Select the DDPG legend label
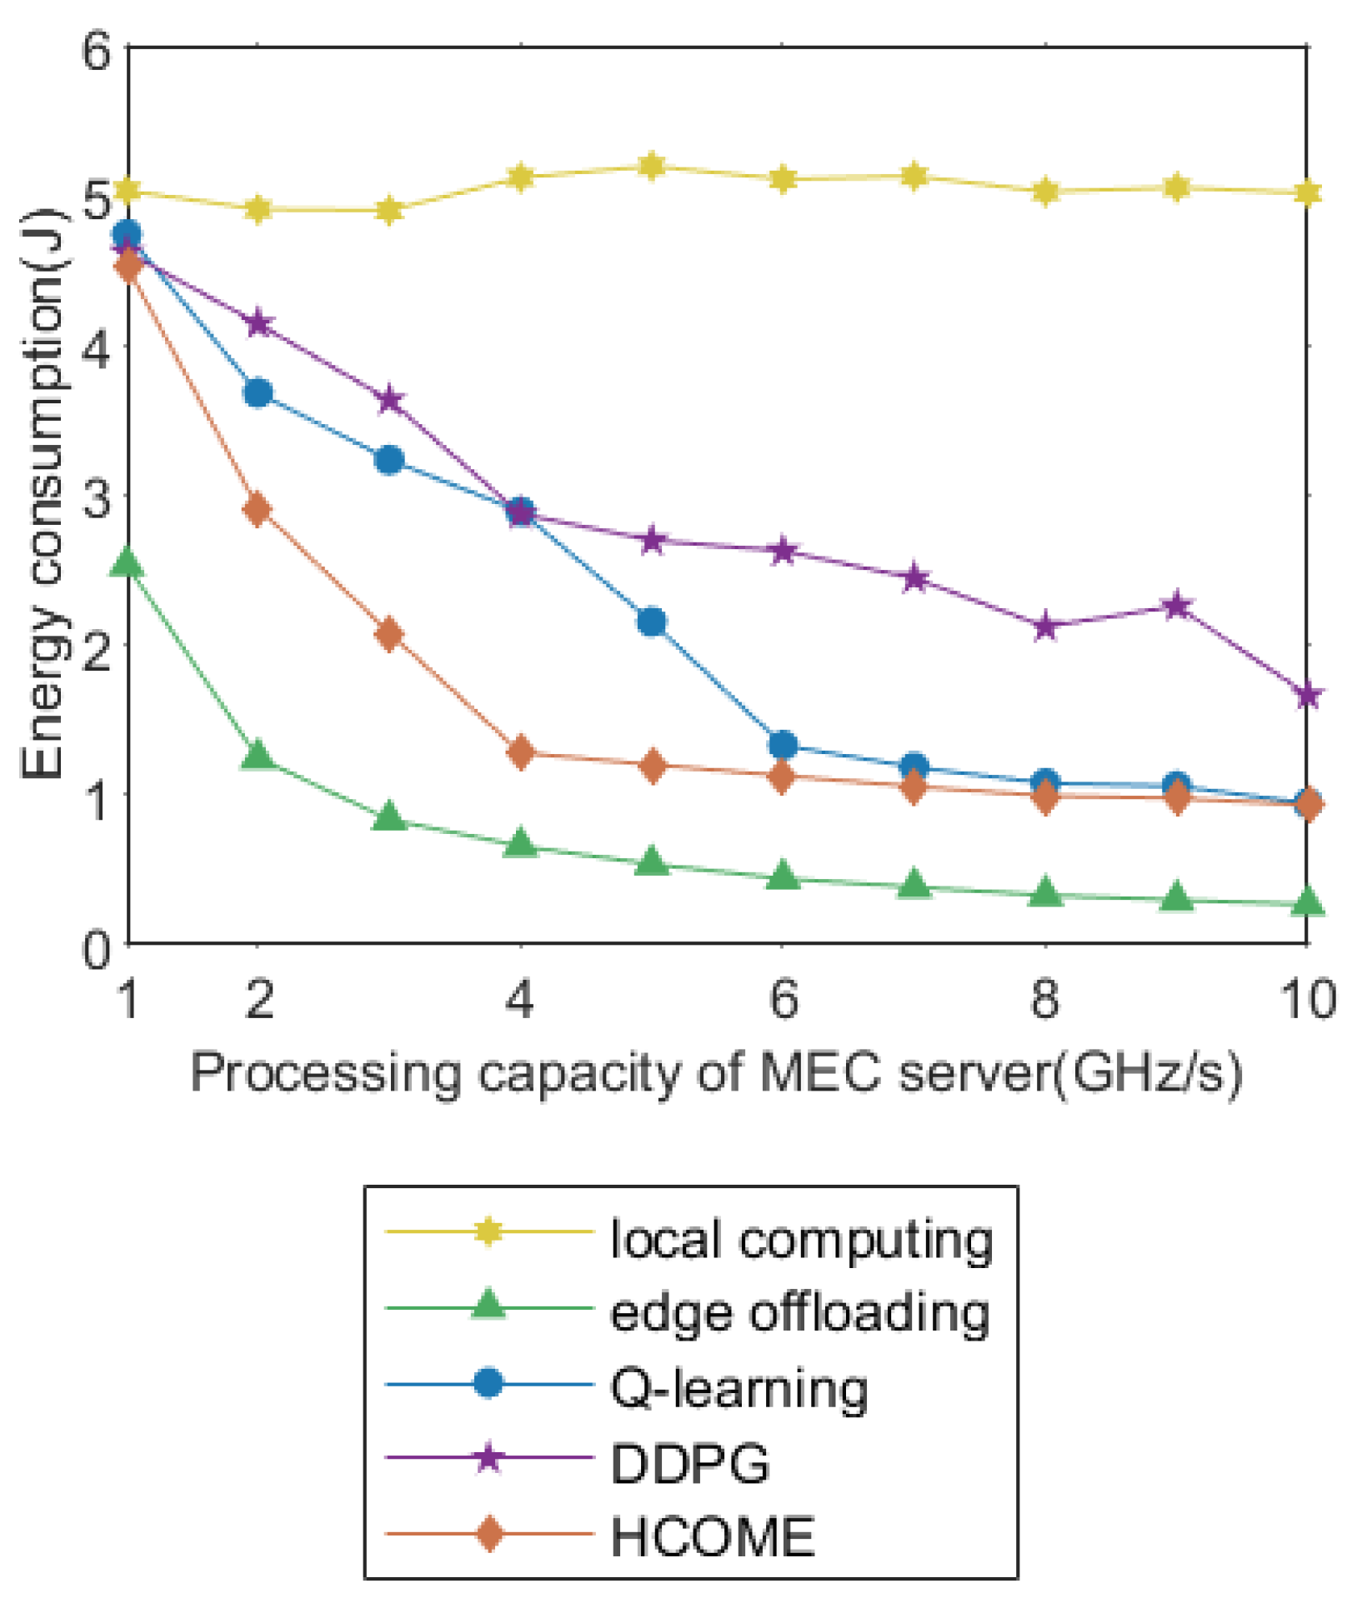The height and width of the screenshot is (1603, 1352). point(689,1463)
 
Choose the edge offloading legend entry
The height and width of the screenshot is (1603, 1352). point(799,1314)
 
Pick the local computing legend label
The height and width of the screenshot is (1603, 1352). point(801,1240)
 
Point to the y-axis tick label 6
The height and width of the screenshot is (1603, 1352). point(97,52)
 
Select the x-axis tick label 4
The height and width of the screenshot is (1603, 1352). point(520,999)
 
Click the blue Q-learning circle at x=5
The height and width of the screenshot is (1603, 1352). point(652,622)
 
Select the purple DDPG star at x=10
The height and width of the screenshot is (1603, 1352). point(1308,695)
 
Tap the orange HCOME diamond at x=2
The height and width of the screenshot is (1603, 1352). point(258,509)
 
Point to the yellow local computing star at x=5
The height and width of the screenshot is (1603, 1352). point(652,166)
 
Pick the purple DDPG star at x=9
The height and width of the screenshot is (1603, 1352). point(1177,605)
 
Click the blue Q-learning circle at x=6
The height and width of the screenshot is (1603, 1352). point(783,745)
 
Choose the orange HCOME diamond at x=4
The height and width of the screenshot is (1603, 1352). point(521,752)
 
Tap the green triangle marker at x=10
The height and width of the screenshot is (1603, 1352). point(1308,901)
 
